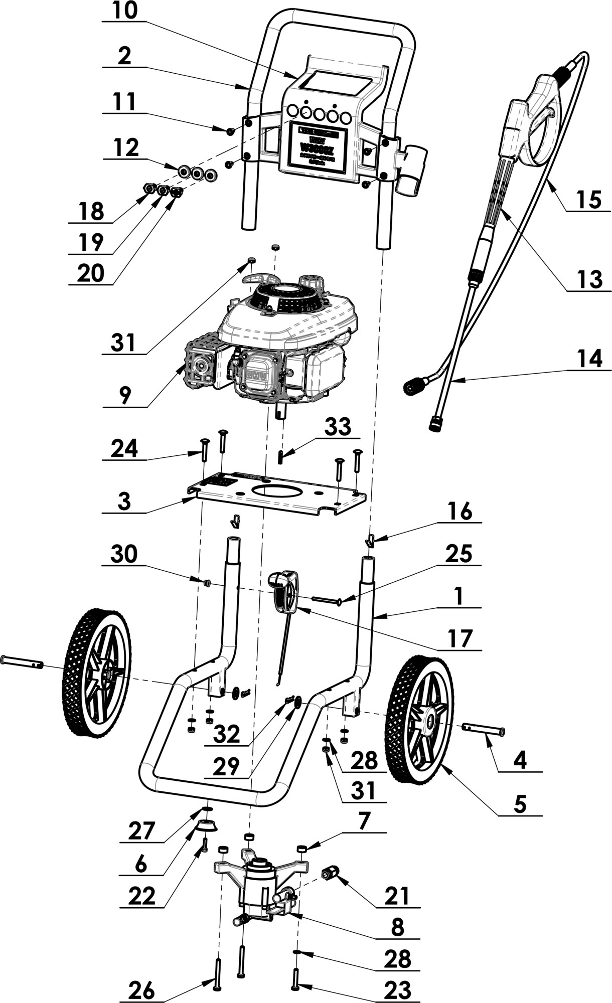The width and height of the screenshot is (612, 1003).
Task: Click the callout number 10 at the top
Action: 124,11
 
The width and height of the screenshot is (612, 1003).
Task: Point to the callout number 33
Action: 338,427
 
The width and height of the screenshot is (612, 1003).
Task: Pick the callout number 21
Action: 397,895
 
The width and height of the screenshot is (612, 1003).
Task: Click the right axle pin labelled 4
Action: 484,729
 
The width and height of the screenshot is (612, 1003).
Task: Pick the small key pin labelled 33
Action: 281,457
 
